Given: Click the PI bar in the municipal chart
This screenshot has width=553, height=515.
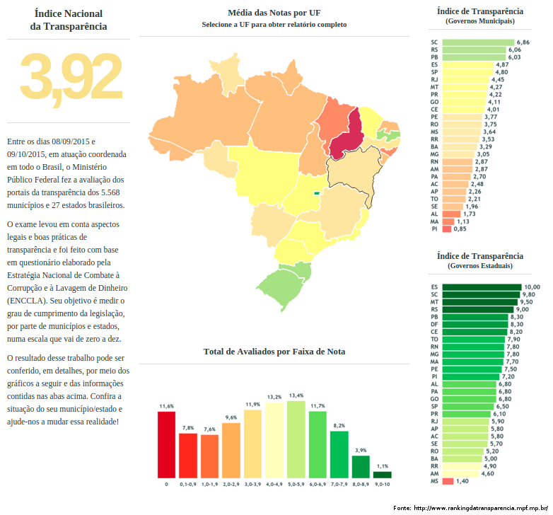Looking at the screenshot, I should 447,229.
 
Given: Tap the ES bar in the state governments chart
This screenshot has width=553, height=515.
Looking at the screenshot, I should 482,287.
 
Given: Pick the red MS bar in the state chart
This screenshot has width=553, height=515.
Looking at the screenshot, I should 448,481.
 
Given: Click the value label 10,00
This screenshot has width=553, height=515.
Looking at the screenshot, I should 532,287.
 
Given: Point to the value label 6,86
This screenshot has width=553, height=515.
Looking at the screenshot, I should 523,42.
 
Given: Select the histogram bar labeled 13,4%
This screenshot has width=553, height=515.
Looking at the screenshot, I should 296,439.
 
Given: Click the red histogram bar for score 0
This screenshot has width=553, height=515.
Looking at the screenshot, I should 166,444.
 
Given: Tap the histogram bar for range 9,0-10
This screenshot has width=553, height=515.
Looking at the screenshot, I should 383,475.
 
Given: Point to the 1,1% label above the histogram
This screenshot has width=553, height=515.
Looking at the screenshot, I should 383,466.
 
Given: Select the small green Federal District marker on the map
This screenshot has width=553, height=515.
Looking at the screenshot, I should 317,191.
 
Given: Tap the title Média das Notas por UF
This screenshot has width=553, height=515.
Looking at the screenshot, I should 274,13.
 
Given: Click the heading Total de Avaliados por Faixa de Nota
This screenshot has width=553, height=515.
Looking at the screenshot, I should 274,352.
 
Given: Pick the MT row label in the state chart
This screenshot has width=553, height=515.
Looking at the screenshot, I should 434,302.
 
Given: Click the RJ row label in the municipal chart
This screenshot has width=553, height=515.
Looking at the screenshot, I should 434,79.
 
